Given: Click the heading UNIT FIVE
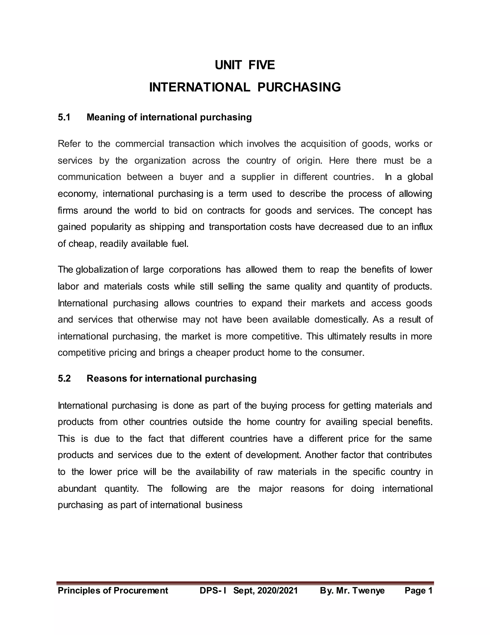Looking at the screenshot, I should [245, 65].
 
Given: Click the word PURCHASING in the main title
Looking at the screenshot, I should [299, 87].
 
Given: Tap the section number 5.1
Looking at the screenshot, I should [64, 117].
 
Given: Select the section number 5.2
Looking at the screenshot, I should [64, 378].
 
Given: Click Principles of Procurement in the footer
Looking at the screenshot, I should [113, 590].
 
